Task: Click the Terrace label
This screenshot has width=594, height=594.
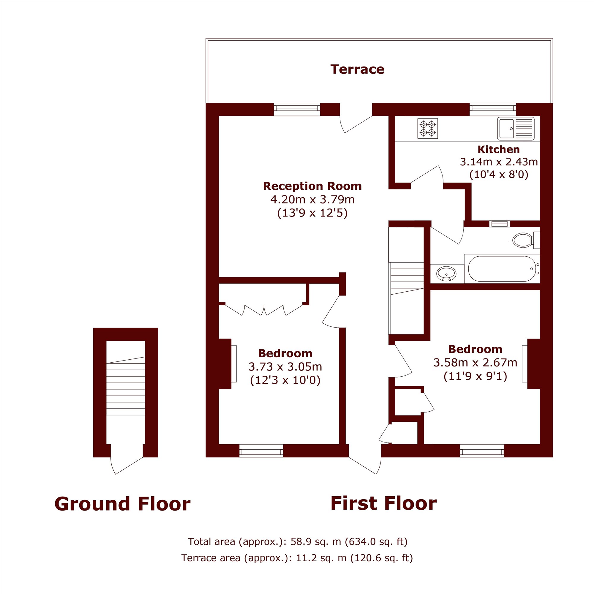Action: coord(357,69)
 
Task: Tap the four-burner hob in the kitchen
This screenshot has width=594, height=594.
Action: coord(428,128)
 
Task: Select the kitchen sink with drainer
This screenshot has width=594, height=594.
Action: coord(516,128)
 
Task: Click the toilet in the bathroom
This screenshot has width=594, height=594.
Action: coord(526,240)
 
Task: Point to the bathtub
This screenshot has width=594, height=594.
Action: coord(502,269)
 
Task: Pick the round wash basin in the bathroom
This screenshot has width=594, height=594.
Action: coord(446,273)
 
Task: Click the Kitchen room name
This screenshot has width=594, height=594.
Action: coord(499,149)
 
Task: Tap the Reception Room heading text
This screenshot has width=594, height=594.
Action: coord(312,186)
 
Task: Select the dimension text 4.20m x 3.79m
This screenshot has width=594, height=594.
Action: coord(312,200)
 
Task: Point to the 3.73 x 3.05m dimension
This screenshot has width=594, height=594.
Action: coord(285,366)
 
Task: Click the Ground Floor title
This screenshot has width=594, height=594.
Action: coord(122,504)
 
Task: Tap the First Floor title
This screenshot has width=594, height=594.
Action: coord(384,503)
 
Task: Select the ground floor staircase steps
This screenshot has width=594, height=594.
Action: coord(125,386)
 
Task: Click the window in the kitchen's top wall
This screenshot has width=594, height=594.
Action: coord(492,110)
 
